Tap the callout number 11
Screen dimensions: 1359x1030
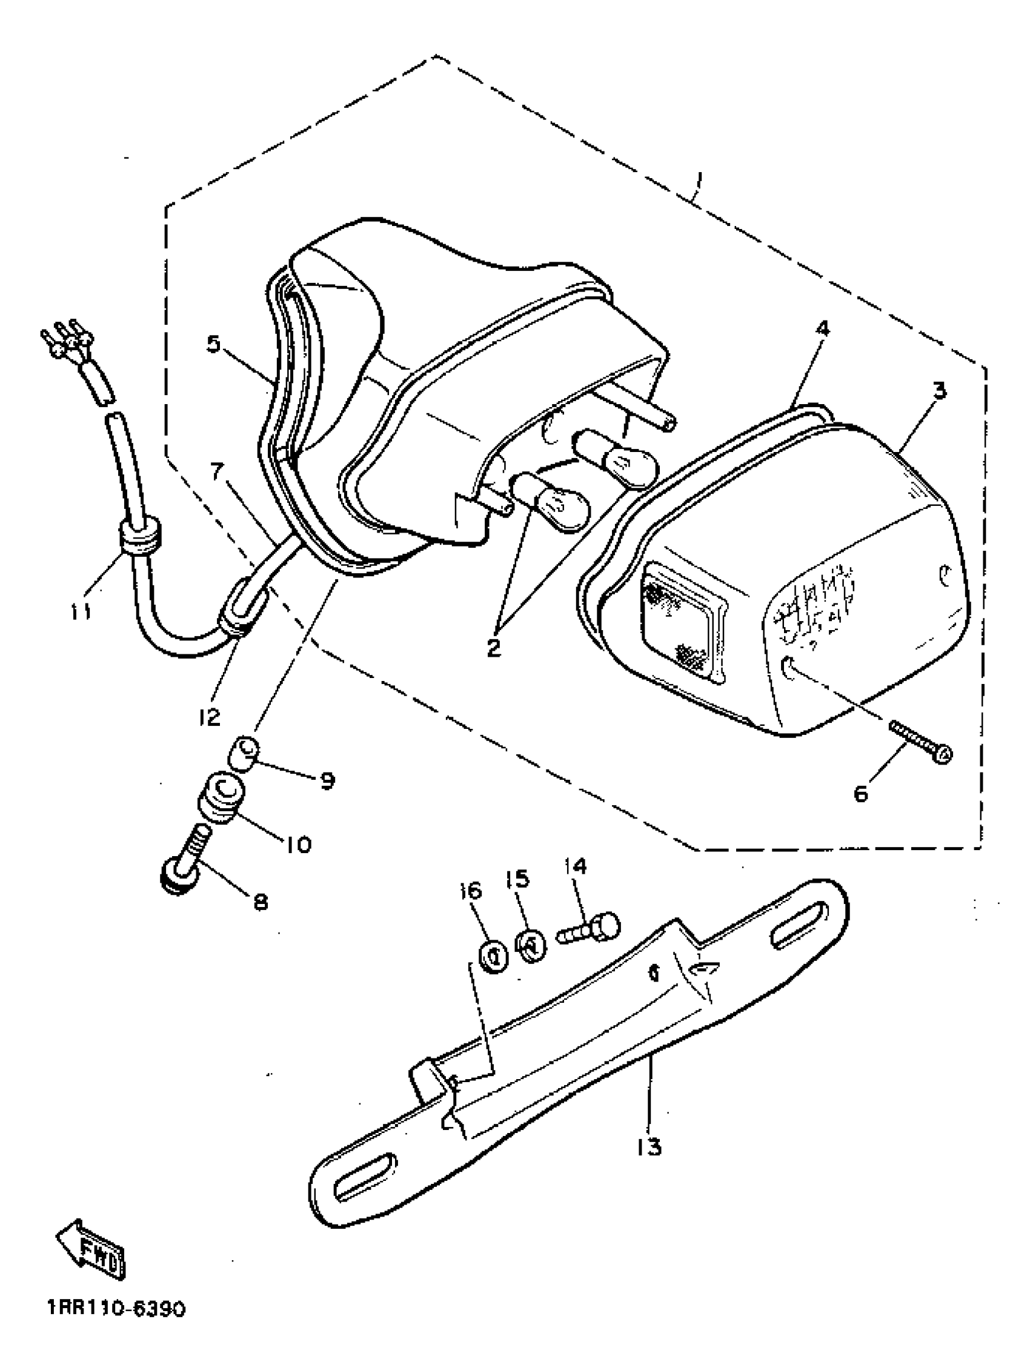coord(81,611)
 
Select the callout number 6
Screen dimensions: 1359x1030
coord(861,793)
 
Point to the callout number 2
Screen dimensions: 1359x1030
coord(494,648)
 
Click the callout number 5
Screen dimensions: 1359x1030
coord(213,344)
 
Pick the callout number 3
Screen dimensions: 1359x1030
coord(939,390)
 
